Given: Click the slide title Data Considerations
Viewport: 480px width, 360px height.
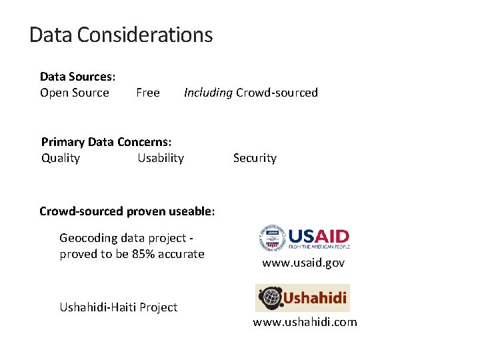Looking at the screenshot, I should coord(121,35).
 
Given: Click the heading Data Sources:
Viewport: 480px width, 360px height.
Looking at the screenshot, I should coord(77,77).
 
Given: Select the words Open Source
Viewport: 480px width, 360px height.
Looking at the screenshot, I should coord(74,93).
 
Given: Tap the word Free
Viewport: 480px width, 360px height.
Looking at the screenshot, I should coord(147,93).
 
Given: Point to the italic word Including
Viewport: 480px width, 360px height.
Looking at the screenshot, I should coord(208,93).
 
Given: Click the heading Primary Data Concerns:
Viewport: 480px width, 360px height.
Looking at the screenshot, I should coord(106,142).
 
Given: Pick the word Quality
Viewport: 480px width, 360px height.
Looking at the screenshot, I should coord(61,158).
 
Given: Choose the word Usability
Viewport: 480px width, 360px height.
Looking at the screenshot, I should coord(160,158).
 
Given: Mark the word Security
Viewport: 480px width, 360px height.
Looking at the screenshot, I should coord(255,158).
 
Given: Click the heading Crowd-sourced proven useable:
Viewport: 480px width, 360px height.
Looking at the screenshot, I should coord(127,211).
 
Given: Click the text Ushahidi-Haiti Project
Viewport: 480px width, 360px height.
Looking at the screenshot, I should coord(118,307).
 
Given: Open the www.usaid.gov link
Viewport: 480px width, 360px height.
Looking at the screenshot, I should coord(303,263).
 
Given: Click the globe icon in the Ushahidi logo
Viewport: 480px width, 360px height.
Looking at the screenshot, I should coord(270,297).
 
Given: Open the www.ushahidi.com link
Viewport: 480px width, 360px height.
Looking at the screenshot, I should coord(305,322).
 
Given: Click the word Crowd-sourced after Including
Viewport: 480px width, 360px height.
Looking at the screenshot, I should coord(277,93).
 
